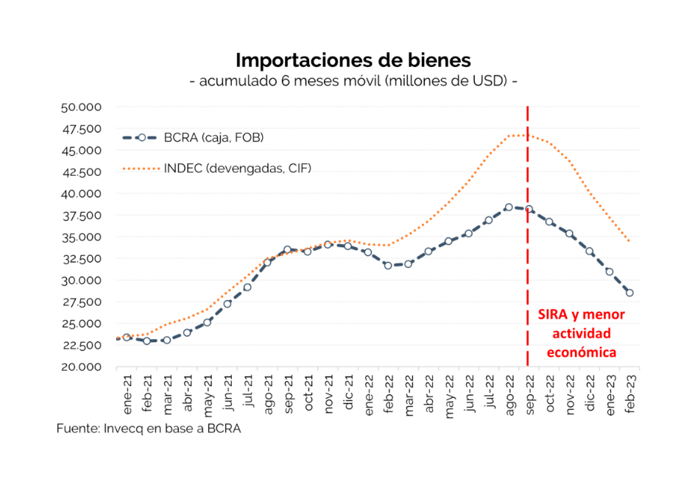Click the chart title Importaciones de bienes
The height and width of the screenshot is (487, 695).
(x=353, y=60)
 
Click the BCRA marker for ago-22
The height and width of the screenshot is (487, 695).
(x=508, y=207)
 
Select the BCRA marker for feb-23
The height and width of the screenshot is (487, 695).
(x=629, y=293)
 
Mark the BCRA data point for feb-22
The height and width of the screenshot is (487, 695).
(x=387, y=265)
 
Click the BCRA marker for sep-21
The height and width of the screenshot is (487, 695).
(x=287, y=250)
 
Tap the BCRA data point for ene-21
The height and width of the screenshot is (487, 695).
(x=127, y=337)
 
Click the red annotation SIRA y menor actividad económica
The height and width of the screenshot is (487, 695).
(x=581, y=333)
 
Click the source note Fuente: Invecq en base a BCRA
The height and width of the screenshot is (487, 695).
(x=149, y=428)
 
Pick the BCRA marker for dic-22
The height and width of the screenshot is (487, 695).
(x=589, y=252)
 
